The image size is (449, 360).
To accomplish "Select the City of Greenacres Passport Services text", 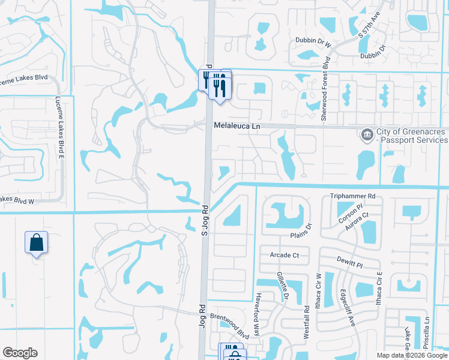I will (412, 136).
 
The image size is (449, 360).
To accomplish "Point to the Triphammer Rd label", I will (352, 196).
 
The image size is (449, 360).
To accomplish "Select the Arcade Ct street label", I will (284, 255).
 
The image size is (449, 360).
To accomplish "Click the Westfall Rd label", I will (306, 317).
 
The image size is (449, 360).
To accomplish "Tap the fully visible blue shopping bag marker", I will (36, 243).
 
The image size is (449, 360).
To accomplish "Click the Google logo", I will (20, 353).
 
